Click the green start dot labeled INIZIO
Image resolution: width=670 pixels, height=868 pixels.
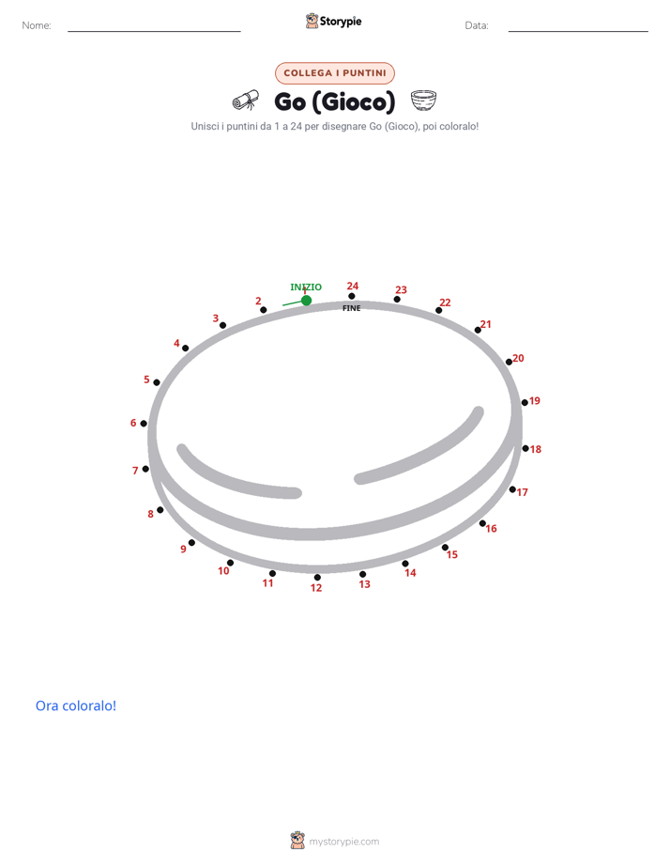[306, 300]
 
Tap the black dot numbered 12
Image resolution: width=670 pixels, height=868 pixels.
[317, 578]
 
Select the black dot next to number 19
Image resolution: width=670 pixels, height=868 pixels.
[525, 402]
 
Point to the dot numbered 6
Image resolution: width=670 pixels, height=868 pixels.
[144, 424]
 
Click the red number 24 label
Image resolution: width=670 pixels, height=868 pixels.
[353, 286]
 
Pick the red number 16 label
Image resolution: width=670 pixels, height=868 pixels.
[492, 529]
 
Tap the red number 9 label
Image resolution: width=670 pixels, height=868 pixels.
[184, 550]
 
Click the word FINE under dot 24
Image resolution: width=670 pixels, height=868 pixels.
[352, 308]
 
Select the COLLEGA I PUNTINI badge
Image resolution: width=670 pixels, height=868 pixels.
[335, 73]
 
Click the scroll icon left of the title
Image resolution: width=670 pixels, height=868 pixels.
[246, 101]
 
